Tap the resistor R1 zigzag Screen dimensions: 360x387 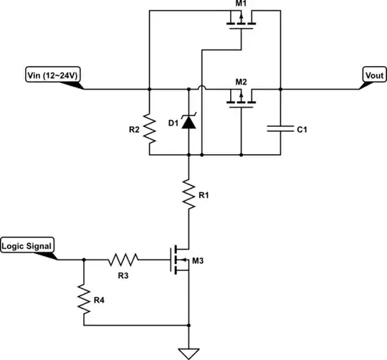click(188, 194)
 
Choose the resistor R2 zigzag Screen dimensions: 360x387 click(149, 130)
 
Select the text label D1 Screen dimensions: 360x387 click(173, 123)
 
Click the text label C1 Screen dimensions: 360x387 click(302, 130)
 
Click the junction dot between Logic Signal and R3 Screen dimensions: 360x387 click(84, 260)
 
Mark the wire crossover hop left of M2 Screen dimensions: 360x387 click(202, 89)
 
